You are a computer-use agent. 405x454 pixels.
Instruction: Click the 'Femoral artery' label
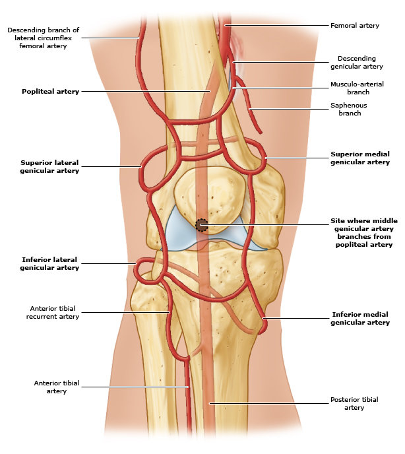pos(354,26)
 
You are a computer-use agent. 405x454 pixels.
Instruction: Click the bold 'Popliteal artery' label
pos(50,92)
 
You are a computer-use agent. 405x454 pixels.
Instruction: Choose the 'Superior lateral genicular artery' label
pos(49,166)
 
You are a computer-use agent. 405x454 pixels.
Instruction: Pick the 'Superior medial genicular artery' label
pos(359,158)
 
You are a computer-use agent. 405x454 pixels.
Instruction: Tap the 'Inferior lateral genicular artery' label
pos(49,264)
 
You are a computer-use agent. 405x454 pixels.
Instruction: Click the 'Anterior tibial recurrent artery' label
pos(54,312)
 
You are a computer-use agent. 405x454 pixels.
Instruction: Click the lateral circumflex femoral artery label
pos(43,38)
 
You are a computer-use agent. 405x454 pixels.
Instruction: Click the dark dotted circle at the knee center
pos(202,225)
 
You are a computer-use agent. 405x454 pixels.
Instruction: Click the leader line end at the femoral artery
pos(226,26)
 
